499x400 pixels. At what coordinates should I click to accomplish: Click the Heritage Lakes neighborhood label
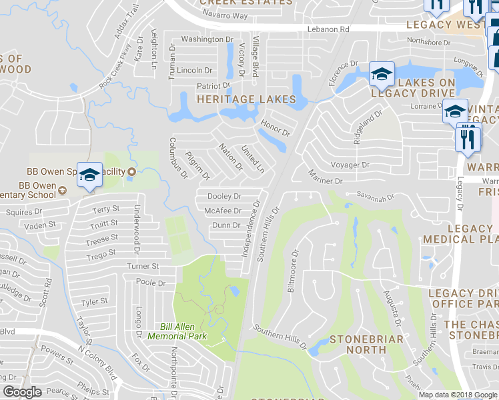pos(245,99)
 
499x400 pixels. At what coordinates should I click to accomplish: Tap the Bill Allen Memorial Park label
pos(183,331)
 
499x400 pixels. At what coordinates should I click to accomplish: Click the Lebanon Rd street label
pos(328,30)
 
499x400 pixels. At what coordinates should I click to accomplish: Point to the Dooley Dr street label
pos(224,197)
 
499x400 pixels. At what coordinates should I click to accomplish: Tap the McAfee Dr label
pos(223,211)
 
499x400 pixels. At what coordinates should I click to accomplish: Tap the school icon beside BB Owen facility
pos(89,175)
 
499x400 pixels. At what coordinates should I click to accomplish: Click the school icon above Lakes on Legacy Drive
pos(381,75)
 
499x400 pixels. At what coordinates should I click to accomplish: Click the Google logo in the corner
pos(22,393)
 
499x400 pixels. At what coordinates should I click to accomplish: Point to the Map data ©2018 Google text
pos(458,395)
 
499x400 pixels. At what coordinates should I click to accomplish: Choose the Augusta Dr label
pos(391,307)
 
